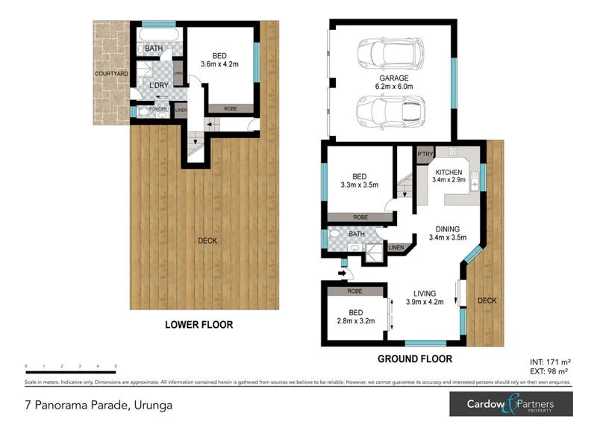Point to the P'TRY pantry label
click(425, 155)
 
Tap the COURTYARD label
click(111, 74)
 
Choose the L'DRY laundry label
click(157, 86)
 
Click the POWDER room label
click(157, 110)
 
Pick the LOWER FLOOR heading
click(199, 325)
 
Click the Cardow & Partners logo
click(510, 404)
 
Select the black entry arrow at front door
click(343, 273)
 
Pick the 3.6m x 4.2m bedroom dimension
click(219, 64)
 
